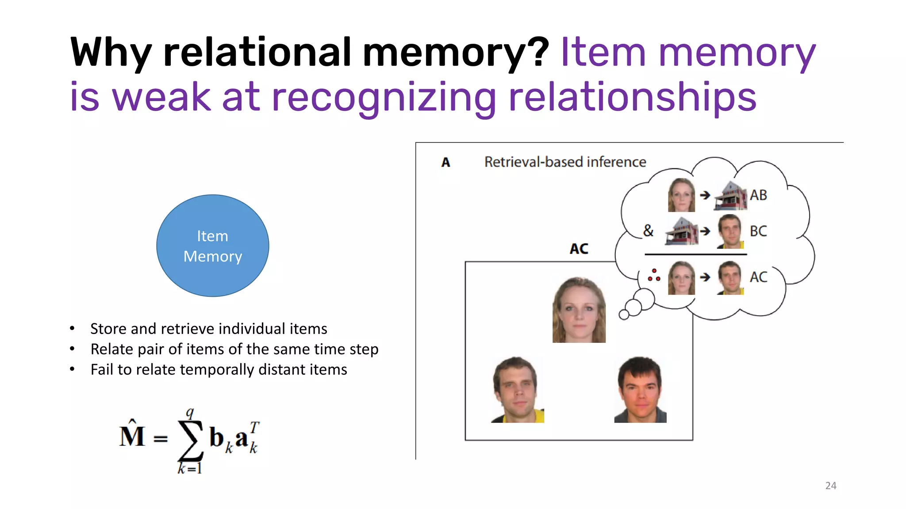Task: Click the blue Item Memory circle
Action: (213, 246)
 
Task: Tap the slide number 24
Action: (831, 486)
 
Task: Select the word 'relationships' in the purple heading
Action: (633, 97)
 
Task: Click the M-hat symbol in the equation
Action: (132, 435)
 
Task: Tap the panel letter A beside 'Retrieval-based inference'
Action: (446, 163)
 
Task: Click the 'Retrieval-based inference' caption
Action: (565, 162)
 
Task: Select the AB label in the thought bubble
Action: (758, 195)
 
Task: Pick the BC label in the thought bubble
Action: (758, 231)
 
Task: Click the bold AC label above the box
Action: (579, 249)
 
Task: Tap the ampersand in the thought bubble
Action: (648, 231)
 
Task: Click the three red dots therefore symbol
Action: (654, 275)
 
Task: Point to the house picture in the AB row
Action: (730, 195)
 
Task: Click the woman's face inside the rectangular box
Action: (579, 310)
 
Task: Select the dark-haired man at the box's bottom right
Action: (640, 390)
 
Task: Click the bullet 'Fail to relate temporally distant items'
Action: (219, 369)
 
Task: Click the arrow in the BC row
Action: (705, 231)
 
